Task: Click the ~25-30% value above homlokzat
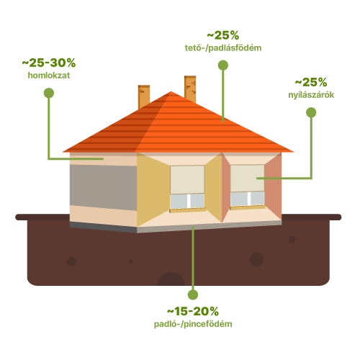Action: click(49, 63)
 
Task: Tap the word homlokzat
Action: click(49, 76)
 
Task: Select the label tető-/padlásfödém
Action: click(223, 48)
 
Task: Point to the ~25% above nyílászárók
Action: click(311, 82)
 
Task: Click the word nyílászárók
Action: click(311, 95)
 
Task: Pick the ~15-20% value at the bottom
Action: click(193, 312)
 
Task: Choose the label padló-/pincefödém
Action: click(193, 324)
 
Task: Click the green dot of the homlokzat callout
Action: click(49, 93)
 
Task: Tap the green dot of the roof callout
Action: click(223, 66)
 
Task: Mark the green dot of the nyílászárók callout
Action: click(311, 112)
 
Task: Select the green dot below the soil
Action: click(193, 294)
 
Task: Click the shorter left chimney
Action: click(144, 96)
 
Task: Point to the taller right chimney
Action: click(190, 89)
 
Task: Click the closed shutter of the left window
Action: click(187, 179)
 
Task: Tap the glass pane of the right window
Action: click(248, 199)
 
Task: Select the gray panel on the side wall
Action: click(104, 187)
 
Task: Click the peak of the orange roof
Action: click(171, 91)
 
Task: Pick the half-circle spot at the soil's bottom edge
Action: click(171, 279)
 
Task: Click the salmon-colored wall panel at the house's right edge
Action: click(273, 186)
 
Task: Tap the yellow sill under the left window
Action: click(188, 210)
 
